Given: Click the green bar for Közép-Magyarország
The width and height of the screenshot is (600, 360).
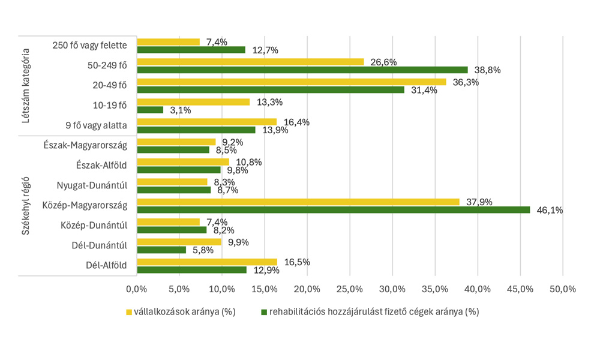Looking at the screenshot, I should pos(334,210).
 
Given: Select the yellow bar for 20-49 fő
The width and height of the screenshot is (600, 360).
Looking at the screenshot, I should pos(292,82).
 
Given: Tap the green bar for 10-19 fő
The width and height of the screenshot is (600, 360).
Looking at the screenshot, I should pos(150,110).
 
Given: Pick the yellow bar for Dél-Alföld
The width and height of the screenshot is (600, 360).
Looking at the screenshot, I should pos(207,262).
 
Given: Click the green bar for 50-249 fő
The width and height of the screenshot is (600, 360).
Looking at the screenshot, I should pos(302,70).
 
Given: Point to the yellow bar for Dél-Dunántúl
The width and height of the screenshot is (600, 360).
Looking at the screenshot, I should pos(179,242).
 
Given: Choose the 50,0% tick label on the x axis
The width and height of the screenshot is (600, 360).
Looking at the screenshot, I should pos(562,289).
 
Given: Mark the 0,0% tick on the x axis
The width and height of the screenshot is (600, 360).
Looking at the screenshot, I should pos(137,289).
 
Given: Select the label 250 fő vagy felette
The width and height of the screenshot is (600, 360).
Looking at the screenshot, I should pos(90,45).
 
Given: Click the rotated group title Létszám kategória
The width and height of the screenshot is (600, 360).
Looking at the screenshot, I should pos(26,85).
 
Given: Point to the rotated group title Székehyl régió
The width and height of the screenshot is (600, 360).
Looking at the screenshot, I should pos(26,205).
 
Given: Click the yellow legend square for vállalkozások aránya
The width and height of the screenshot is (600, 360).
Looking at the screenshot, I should pos(128,312).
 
